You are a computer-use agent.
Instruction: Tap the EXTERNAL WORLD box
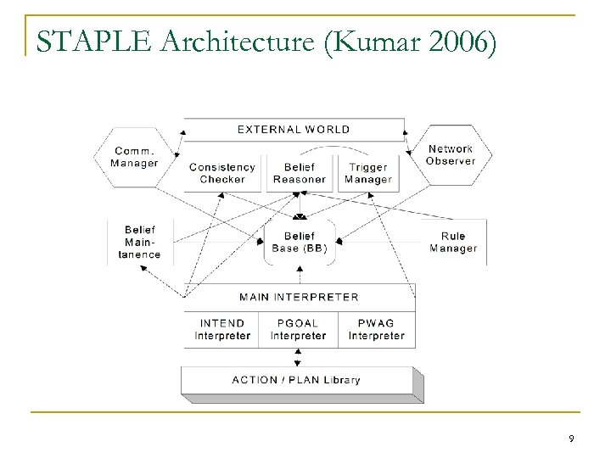294,130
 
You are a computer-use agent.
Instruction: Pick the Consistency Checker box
221,173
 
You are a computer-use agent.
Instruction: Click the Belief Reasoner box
299,173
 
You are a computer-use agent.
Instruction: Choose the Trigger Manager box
368,173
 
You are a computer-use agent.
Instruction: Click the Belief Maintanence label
142,242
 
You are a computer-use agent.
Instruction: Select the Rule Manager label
452,242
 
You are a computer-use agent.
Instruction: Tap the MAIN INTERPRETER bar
299,297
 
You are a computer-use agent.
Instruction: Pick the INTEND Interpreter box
222,329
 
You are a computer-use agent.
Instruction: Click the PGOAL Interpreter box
299,329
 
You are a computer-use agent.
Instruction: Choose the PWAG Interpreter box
376,329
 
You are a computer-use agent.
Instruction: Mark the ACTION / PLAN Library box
296,379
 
